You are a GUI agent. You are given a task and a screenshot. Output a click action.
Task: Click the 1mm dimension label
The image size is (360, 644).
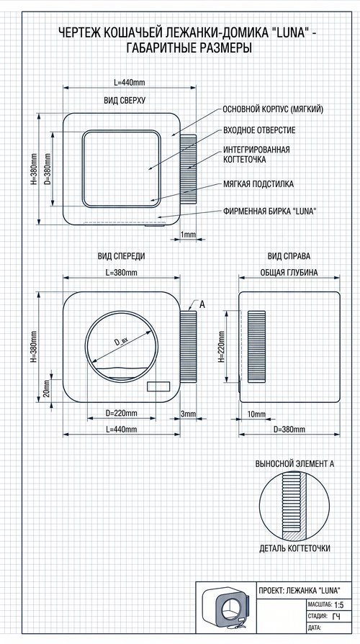click(x=188, y=234)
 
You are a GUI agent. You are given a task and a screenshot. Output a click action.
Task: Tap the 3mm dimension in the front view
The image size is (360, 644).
click(x=188, y=414)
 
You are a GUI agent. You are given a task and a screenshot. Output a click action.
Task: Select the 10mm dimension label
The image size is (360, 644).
click(x=256, y=414)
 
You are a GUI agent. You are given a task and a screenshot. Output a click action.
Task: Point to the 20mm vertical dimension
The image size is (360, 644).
click(x=46, y=389)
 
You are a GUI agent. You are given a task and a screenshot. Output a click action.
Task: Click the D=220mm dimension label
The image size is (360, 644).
click(x=121, y=413)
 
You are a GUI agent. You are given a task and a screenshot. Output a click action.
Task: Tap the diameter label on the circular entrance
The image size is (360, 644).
click(x=122, y=341)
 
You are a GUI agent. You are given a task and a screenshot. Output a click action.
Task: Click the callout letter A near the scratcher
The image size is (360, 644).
click(x=202, y=305)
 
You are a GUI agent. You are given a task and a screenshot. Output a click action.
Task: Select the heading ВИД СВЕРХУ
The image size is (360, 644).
click(x=125, y=100)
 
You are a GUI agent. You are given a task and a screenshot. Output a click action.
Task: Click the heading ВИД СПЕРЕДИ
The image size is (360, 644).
click(x=121, y=256)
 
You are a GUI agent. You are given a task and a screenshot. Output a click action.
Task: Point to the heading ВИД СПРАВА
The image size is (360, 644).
click(x=289, y=256)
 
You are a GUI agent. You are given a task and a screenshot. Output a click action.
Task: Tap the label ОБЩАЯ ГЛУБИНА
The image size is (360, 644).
click(x=289, y=273)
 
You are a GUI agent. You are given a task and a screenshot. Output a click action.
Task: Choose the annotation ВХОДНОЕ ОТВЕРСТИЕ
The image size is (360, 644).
click(x=259, y=130)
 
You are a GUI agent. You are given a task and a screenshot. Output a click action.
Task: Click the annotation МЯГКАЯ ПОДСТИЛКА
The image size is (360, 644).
click(x=258, y=184)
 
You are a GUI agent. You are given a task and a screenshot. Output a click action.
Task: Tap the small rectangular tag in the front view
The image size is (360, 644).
click(x=158, y=386)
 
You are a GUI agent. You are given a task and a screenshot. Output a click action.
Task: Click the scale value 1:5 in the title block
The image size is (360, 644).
click(x=339, y=605)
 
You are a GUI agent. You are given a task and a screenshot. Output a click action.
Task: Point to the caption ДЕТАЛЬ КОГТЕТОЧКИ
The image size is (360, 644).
click(x=294, y=548)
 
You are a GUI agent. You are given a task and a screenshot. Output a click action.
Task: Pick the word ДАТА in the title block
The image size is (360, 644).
click(x=315, y=627)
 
